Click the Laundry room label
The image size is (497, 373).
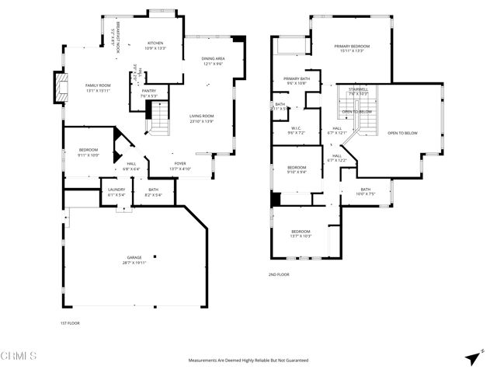coord(116,191)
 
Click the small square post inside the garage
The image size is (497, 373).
coord(155,256)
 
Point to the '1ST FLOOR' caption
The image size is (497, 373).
coord(70,322)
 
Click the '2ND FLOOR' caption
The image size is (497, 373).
coord(279,274)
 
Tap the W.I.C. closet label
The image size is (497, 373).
coord(296,131)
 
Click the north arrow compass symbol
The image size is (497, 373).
coord(472,357)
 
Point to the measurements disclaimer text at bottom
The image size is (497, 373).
coord(248,360)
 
